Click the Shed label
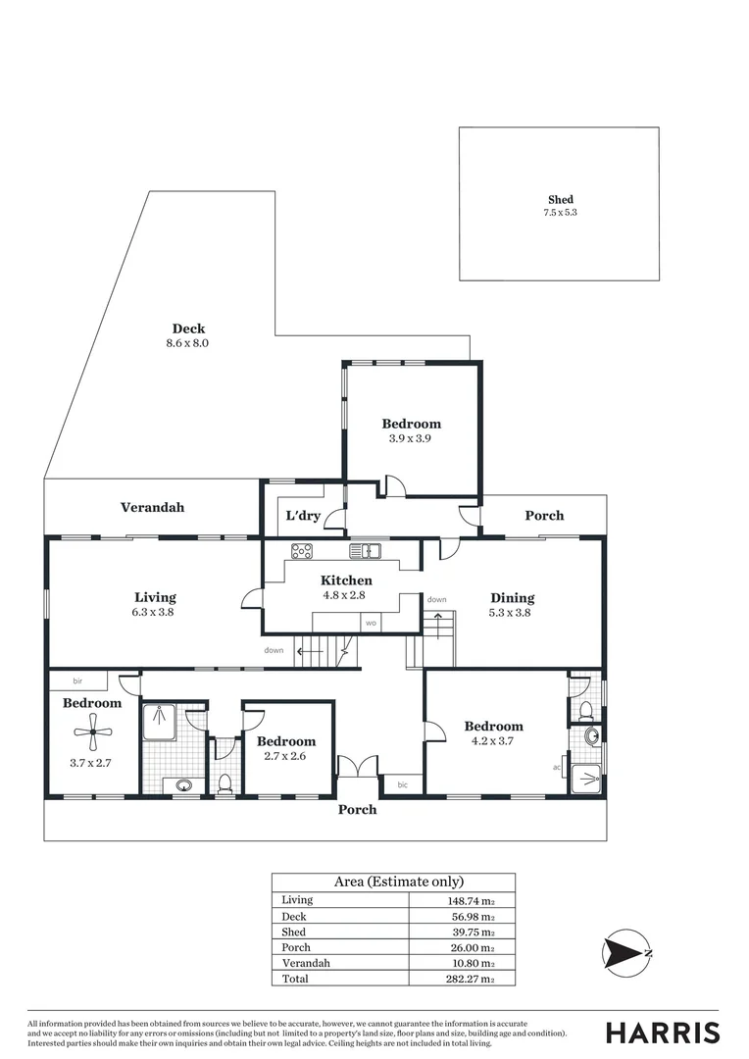click(561, 200)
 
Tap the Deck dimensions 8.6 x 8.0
click(188, 344)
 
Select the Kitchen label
click(346, 580)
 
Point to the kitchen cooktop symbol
click(302, 551)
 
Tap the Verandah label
click(152, 508)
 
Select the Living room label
click(155, 597)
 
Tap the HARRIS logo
click(663, 1033)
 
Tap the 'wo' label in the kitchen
click(371, 623)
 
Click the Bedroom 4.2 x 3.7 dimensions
click(493, 741)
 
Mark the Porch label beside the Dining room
click(544, 516)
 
